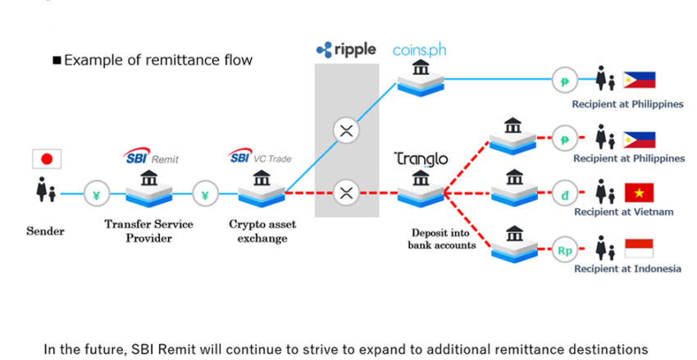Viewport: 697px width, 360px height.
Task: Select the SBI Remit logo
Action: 149,157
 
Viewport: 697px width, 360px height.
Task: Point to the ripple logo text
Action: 346,50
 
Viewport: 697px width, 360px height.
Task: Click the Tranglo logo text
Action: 421,158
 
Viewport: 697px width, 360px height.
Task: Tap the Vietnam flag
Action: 639,194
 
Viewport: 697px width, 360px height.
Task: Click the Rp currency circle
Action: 564,251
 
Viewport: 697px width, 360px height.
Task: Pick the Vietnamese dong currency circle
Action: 564,194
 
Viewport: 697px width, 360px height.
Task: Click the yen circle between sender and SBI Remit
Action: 97,195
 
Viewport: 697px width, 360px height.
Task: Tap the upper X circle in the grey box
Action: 345,130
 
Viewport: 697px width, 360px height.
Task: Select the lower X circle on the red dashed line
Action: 345,194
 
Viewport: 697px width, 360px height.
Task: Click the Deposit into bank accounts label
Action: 441,238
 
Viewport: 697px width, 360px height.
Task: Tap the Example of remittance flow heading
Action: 153,60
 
